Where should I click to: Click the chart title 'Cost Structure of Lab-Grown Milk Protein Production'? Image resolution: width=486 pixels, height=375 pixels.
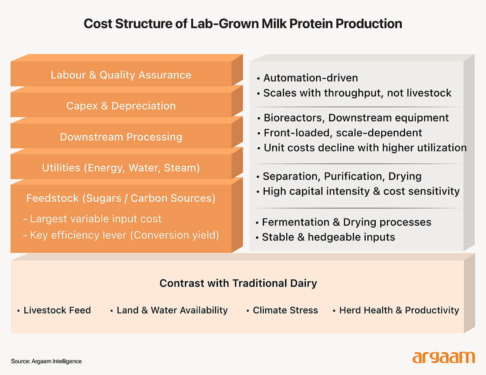[x=243, y=24]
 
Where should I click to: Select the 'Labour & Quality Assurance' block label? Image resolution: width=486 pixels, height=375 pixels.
[x=121, y=75]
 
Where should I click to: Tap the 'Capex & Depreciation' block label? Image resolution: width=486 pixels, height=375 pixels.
[x=121, y=106]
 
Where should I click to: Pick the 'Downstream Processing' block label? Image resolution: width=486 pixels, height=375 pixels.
[x=121, y=137]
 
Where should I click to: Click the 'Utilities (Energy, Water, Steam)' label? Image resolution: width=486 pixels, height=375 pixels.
[x=121, y=167]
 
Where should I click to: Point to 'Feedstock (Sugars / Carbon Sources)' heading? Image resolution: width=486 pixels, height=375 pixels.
[x=121, y=198]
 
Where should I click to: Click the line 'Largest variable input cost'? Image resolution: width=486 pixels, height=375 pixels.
[x=95, y=219]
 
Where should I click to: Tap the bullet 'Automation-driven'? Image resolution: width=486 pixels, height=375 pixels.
[x=310, y=78]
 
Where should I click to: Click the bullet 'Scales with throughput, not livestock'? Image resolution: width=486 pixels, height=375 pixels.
[x=357, y=93]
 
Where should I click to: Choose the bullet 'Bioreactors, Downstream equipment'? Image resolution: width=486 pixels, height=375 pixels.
[x=356, y=118]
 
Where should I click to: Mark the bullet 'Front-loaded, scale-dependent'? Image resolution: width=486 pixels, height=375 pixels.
[x=343, y=133]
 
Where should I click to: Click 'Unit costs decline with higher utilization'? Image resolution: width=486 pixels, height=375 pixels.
[x=365, y=147]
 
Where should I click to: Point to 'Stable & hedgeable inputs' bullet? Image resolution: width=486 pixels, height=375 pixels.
[x=328, y=237]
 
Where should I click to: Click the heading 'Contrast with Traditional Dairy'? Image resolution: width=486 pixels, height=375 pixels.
[x=238, y=283]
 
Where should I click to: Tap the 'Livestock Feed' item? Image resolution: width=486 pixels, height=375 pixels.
[x=57, y=310]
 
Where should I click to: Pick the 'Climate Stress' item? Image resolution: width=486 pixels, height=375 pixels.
[x=285, y=310]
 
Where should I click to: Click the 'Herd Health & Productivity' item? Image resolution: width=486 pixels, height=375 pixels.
[x=399, y=310]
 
